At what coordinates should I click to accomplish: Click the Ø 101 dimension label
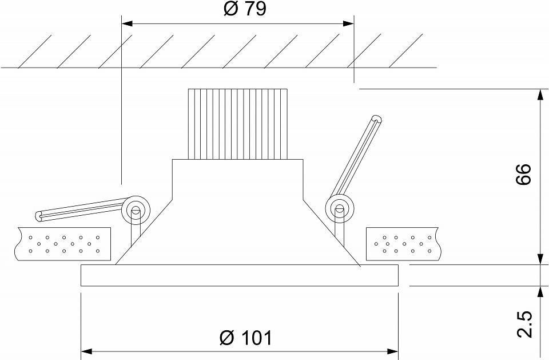245,338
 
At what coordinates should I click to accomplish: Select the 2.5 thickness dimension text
524,324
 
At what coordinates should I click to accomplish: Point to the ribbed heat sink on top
238,124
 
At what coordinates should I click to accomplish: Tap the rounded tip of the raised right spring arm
377,120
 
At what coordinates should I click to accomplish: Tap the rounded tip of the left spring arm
39,216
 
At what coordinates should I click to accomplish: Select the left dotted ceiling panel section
63,244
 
